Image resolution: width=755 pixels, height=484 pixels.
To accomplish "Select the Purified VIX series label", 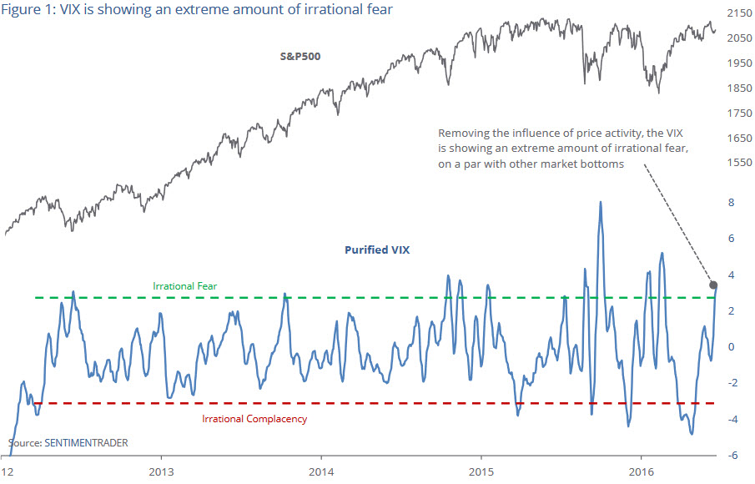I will [377, 250].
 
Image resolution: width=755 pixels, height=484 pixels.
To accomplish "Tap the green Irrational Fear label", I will [185, 286].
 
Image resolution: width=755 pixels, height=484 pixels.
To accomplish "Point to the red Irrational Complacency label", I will [254, 418].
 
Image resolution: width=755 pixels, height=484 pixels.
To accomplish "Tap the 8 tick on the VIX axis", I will [730, 202].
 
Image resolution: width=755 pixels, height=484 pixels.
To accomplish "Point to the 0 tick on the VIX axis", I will [730, 346].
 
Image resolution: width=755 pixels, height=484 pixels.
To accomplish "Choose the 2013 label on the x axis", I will [161, 471].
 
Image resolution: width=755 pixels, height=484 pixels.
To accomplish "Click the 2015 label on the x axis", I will [481, 471].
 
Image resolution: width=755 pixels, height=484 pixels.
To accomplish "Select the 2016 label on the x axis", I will [641, 471].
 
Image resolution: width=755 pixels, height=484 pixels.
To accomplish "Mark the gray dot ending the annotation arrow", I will [712, 284].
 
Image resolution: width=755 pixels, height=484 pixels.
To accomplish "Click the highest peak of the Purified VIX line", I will [601, 202].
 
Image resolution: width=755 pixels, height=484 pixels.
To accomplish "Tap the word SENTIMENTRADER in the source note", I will [85, 442].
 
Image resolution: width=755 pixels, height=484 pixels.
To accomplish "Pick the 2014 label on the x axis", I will [320, 471].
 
